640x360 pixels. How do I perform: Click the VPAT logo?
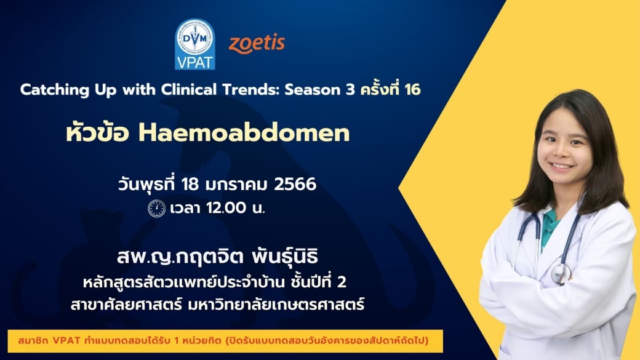point(195,44)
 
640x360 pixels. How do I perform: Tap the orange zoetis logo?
point(257,43)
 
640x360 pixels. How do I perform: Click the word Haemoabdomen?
point(244,133)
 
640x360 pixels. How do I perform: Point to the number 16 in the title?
point(412,89)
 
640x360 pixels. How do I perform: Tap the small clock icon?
point(156,209)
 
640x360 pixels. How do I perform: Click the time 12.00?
point(226,208)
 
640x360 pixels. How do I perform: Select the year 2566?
point(295,184)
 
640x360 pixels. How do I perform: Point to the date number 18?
point(190,184)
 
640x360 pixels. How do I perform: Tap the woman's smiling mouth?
point(562,166)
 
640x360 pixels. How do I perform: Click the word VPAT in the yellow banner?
point(66,340)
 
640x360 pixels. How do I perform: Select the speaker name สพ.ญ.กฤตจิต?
point(180,257)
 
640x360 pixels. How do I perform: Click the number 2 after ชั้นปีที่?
point(342,282)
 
